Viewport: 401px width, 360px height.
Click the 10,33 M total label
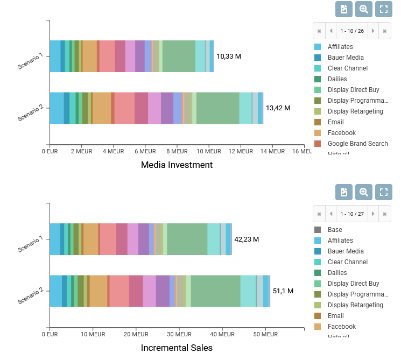(x=229, y=56)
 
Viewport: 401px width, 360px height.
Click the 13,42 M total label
(x=278, y=108)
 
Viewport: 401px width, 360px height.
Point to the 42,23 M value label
(x=247, y=239)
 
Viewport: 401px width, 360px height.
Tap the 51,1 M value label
(x=283, y=291)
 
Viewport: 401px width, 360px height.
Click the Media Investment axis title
(x=177, y=165)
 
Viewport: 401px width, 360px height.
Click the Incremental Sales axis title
(x=177, y=348)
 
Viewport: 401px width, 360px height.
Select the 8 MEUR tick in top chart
(x=177, y=152)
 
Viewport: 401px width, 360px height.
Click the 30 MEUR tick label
(x=178, y=335)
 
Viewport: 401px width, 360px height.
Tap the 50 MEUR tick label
(x=265, y=335)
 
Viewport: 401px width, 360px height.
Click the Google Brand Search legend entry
(x=357, y=144)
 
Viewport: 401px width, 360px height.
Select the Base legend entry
(x=335, y=230)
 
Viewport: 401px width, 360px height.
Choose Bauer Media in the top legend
(x=346, y=58)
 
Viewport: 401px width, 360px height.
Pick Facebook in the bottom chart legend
(x=342, y=327)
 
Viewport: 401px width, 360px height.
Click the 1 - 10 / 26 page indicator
(x=352, y=31)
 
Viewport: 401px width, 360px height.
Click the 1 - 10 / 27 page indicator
(x=352, y=214)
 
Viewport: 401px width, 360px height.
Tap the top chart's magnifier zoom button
(x=364, y=9)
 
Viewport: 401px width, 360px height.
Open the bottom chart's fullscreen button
(x=383, y=192)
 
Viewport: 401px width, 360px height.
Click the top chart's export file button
(x=344, y=9)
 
